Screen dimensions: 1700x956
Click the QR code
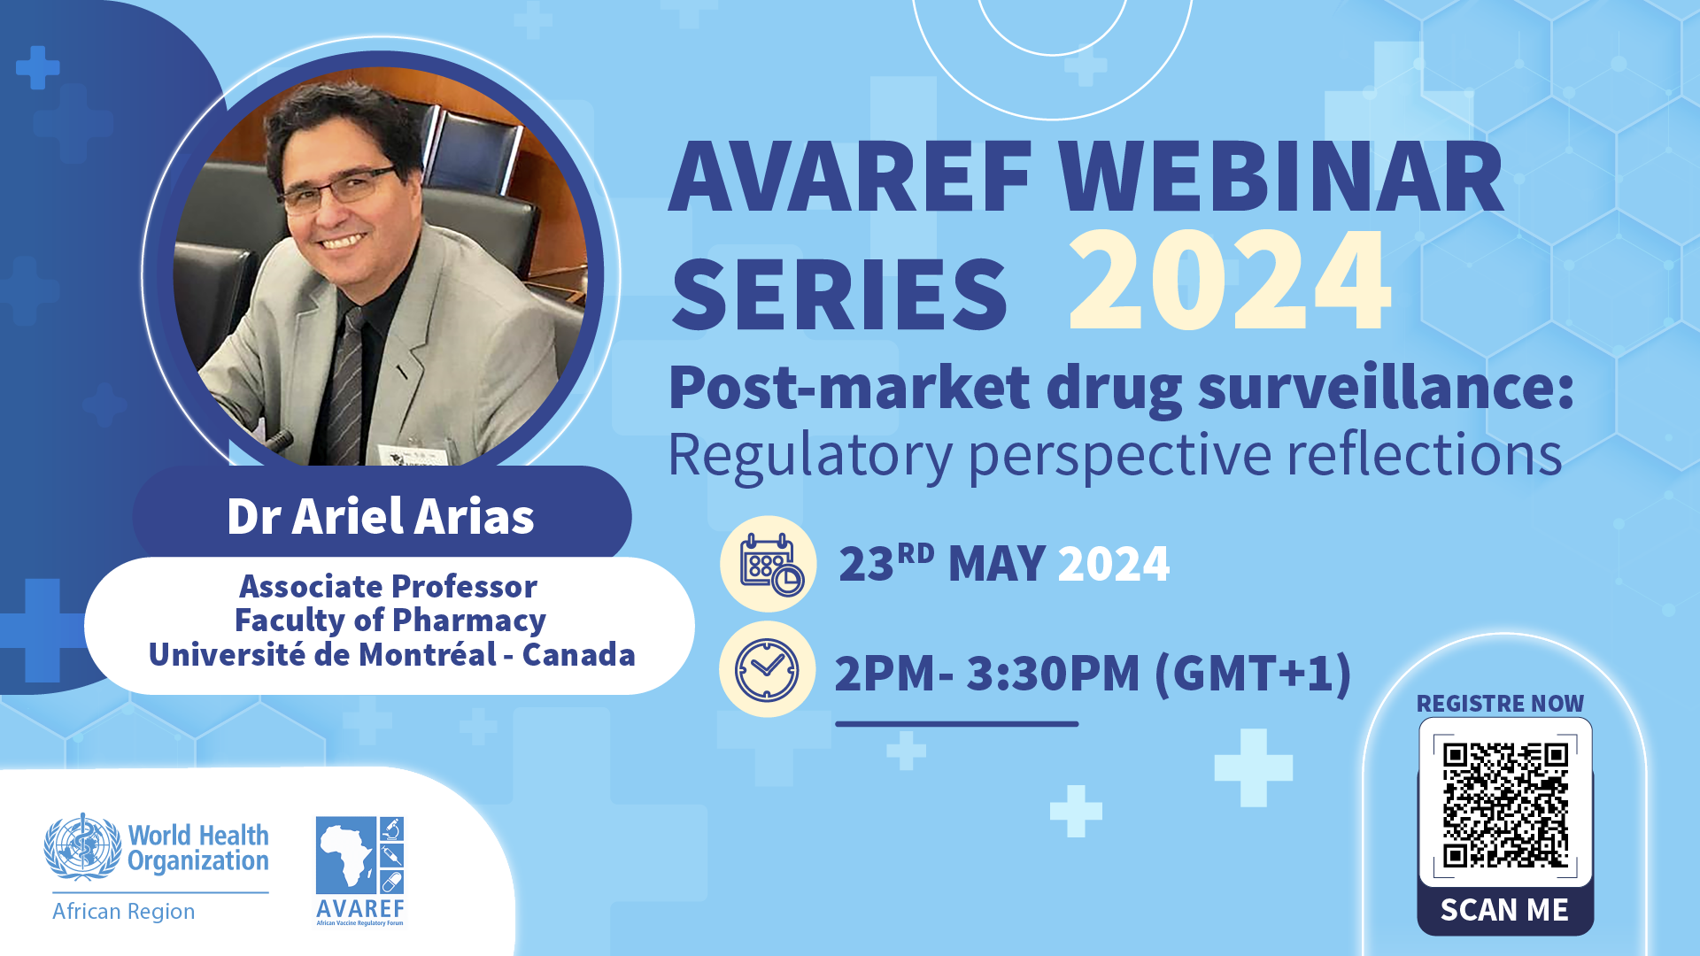point(1505,805)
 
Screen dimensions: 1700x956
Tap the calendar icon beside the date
point(769,564)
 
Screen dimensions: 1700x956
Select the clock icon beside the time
point(767,670)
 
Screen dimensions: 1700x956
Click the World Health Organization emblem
point(82,847)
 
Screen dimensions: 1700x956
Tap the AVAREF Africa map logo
point(360,871)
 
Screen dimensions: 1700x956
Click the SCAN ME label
point(1504,910)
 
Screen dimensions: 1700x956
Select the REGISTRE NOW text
point(1500,704)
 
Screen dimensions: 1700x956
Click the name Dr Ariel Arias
point(381,516)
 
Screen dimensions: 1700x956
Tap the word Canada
point(579,655)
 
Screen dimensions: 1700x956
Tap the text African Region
point(123,912)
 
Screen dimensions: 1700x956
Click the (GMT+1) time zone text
point(1253,673)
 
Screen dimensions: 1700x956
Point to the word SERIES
point(839,294)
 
